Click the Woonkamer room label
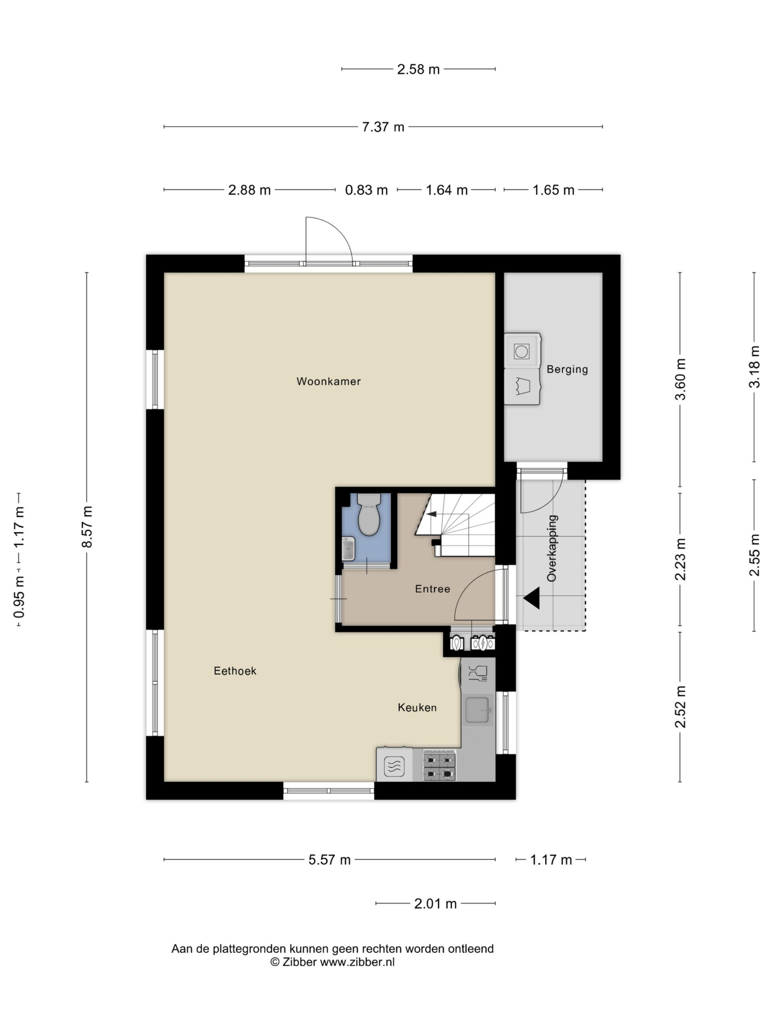(329, 381)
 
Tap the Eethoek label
(235, 671)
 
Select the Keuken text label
(417, 707)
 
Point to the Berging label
(567, 369)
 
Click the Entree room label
(432, 589)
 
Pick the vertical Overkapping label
(552, 548)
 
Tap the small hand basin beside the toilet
(348, 548)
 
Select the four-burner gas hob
(439, 767)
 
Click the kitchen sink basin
(477, 710)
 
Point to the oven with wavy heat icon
(394, 765)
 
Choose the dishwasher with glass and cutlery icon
(477, 673)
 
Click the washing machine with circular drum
(522, 350)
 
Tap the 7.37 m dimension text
(383, 127)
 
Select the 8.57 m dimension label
(87, 527)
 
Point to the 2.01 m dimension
(435, 904)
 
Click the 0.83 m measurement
(366, 190)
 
